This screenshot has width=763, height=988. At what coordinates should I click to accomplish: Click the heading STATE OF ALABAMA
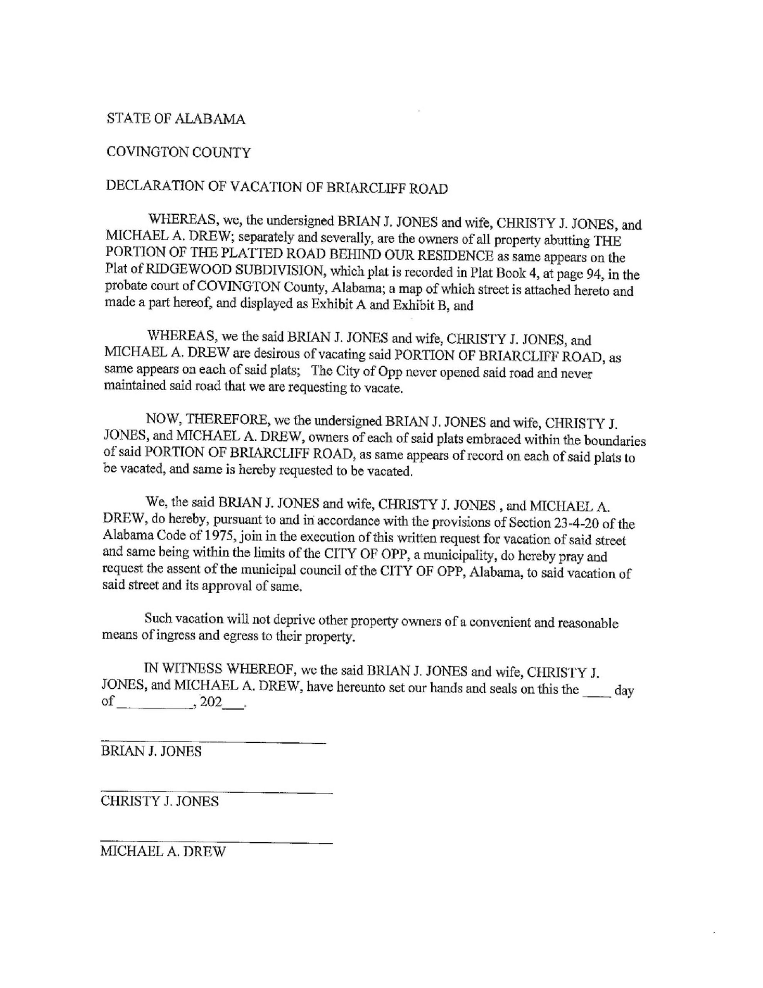pos(176,119)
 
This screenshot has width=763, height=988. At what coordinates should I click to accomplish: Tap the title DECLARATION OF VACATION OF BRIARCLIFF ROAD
pos(277,187)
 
